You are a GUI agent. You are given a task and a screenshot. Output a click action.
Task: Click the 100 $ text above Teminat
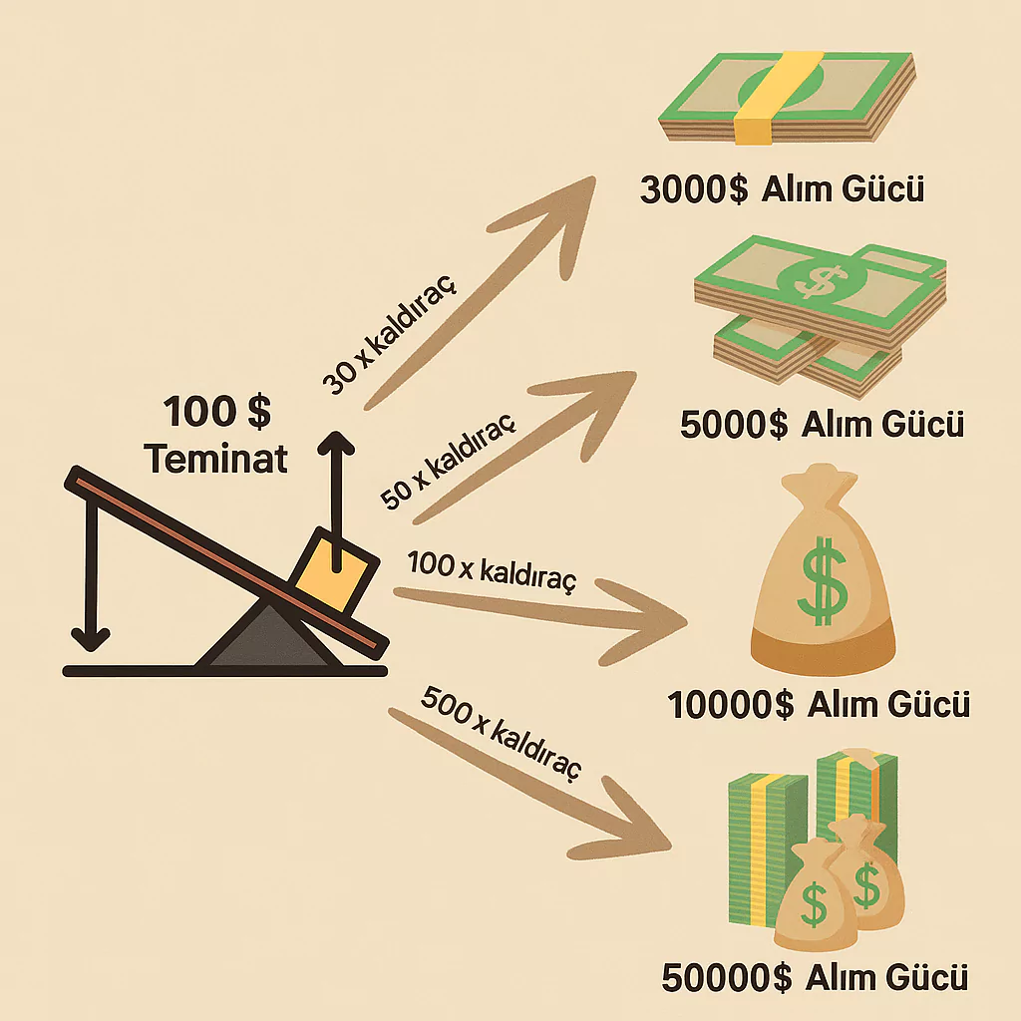coord(216,412)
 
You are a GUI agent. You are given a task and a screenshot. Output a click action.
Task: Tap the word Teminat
coord(216,458)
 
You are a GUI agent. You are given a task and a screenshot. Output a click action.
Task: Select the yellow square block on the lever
coord(333,571)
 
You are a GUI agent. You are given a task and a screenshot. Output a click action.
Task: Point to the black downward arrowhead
coord(91,639)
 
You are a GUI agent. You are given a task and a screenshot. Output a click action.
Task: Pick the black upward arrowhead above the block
coord(336,444)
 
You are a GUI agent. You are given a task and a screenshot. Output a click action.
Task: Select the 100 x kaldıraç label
coord(493,571)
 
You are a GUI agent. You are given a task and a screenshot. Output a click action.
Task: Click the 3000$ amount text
coord(694,190)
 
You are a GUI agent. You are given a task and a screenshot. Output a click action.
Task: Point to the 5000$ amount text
coord(734,425)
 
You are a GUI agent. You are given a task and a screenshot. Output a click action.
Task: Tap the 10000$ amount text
coord(731,705)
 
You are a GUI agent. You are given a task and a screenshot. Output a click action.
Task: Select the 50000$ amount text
coord(727,978)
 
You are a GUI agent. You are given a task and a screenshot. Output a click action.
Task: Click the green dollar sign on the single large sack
coord(823,581)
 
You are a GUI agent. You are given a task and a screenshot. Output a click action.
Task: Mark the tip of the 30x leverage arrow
coord(595,177)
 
